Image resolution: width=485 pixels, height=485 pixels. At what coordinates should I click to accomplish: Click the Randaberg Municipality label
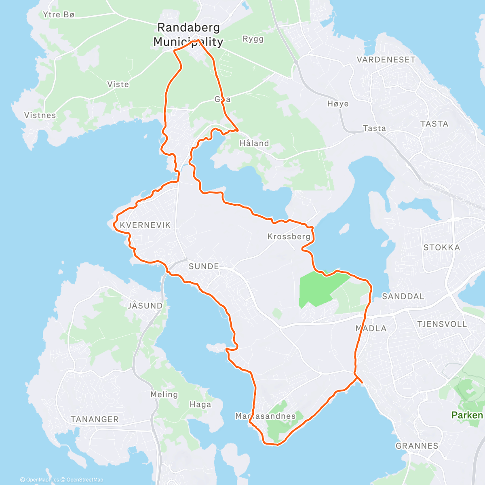point(188,35)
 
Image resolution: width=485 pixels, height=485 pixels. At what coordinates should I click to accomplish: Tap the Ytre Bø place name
point(59,15)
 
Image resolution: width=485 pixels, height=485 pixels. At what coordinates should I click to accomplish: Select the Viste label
point(118,84)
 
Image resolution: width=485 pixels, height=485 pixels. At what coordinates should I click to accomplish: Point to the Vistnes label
point(40,115)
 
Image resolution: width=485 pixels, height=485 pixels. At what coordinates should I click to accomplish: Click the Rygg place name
point(253,39)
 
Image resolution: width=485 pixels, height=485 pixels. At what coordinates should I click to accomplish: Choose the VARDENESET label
point(386,60)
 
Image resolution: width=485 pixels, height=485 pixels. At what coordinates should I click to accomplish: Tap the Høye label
point(338,104)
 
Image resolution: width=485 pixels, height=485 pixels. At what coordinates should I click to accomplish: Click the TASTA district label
point(434,124)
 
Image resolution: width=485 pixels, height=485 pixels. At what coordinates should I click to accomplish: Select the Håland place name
point(254,143)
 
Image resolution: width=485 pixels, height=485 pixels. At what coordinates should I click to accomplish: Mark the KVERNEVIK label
point(145,225)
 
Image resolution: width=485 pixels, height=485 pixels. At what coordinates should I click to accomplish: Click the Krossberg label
point(289,236)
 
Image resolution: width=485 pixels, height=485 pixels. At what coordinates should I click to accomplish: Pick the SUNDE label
point(204,266)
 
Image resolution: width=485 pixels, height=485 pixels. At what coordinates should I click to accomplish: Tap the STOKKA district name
point(441,247)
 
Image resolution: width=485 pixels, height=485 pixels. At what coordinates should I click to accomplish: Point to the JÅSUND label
point(145,306)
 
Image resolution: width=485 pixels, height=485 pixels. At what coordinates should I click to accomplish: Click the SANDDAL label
point(403,296)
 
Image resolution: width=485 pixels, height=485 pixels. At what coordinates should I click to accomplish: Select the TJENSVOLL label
point(442,324)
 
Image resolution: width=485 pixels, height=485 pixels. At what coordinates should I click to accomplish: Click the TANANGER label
point(95,420)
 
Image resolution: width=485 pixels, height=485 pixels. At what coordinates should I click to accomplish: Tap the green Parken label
point(467,415)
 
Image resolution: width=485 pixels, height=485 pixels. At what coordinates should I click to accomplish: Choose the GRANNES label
point(417,446)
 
